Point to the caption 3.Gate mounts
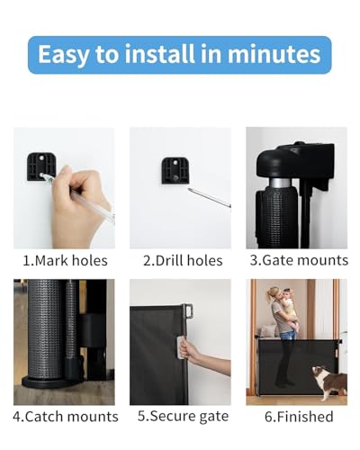(298, 261)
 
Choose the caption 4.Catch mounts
(66, 417)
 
